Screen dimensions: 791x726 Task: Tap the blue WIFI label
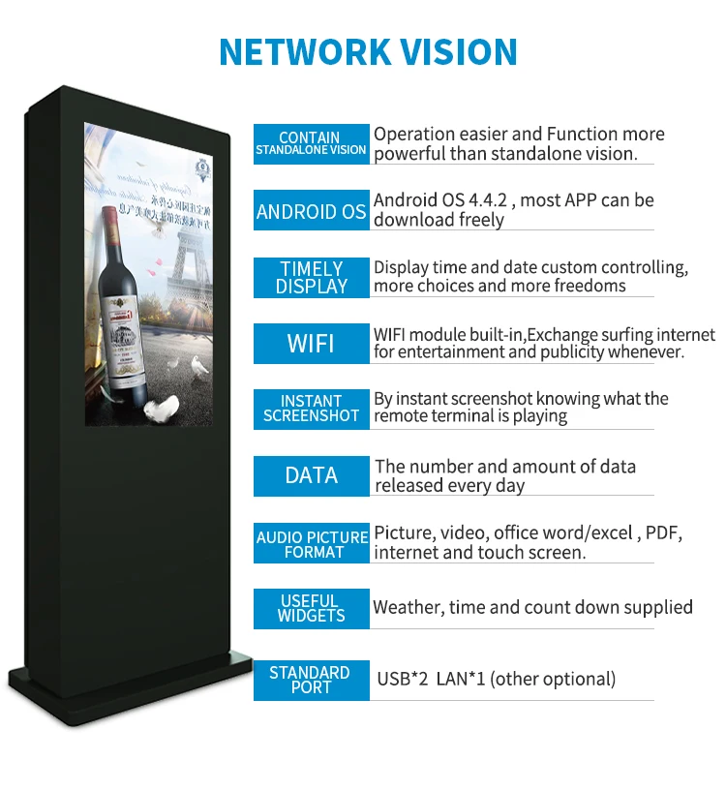tap(311, 343)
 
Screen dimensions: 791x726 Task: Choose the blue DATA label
tap(311, 475)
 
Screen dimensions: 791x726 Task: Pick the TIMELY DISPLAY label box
tap(311, 278)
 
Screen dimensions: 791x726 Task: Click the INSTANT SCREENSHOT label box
tap(311, 409)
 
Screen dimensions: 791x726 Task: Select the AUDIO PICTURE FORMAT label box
tap(311, 544)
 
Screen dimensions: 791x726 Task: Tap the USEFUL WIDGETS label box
tap(311, 608)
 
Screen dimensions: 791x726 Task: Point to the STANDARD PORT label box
tap(311, 680)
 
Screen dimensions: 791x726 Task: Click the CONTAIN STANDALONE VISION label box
tap(311, 143)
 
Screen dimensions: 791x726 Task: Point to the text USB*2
tap(402, 679)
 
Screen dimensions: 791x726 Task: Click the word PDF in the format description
tap(663, 532)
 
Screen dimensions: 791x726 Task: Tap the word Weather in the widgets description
tap(407, 608)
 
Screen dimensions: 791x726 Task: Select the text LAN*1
tap(460, 679)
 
